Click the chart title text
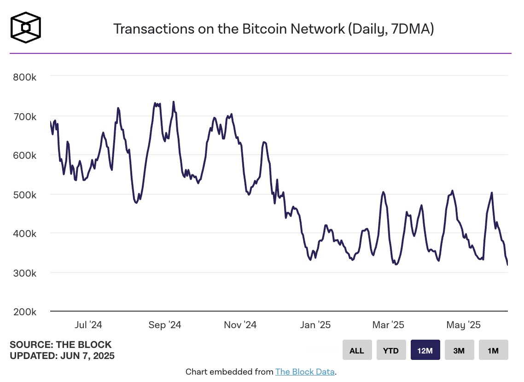[274, 29]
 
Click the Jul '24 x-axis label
[88, 325]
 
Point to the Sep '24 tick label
[164, 325]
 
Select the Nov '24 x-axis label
[240, 325]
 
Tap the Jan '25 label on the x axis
[315, 325]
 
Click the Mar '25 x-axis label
[388, 325]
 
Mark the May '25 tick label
[464, 325]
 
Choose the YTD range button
[391, 350]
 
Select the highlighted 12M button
[425, 350]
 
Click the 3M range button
[459, 350]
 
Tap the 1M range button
[493, 350]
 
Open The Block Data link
[305, 372]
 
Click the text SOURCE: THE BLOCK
[61, 345]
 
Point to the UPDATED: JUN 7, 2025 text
[62, 356]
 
